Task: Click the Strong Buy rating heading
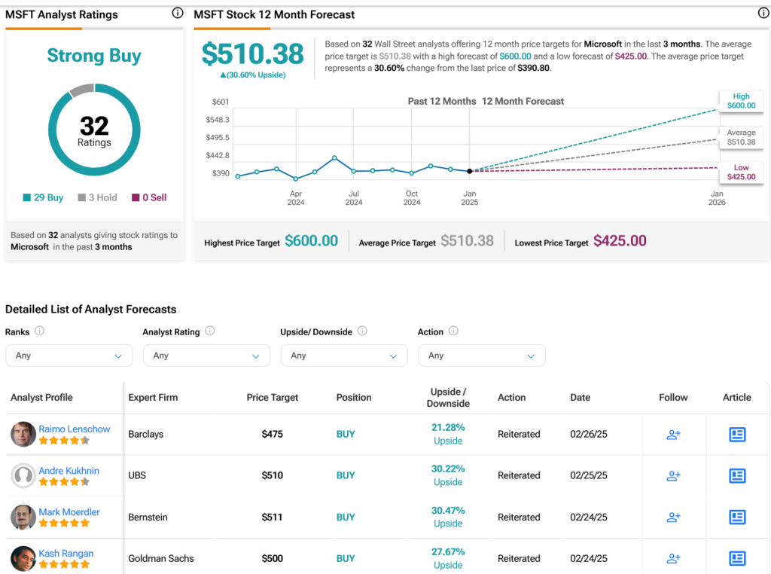click(94, 56)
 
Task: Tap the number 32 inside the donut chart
click(94, 126)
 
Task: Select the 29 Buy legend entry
click(43, 197)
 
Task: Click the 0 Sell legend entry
click(149, 197)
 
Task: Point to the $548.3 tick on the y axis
click(218, 120)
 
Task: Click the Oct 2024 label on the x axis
click(412, 197)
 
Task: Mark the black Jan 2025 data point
click(470, 171)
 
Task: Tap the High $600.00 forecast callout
click(741, 101)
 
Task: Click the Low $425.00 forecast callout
click(741, 173)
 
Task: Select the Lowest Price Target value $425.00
click(620, 240)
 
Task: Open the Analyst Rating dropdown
click(206, 355)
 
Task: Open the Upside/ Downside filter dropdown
click(344, 355)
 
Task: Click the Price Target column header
click(273, 398)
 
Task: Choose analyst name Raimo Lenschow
click(75, 429)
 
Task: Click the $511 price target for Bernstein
click(272, 517)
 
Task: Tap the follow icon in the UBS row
click(673, 475)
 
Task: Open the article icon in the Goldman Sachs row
click(737, 558)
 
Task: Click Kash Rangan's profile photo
click(23, 558)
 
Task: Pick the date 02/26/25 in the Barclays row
click(589, 435)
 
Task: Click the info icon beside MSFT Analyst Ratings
click(178, 14)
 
